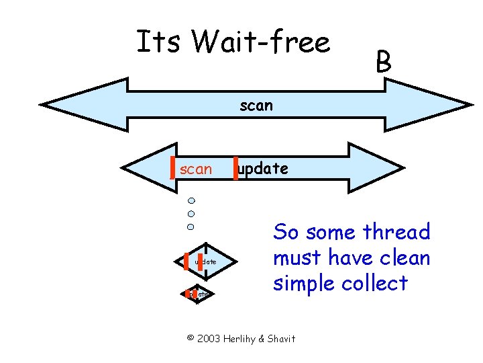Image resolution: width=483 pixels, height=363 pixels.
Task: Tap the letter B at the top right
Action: [x=383, y=63]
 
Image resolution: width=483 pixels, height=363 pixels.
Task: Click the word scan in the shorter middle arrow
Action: [x=196, y=169]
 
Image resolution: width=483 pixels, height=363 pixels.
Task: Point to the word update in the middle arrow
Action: [x=263, y=169]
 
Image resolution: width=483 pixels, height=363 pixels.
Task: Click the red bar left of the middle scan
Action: [x=174, y=168]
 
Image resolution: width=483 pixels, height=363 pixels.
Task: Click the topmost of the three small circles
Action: [x=191, y=200]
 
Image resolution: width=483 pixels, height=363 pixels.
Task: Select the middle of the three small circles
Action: [x=191, y=213]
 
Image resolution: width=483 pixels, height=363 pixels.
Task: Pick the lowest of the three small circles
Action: [x=191, y=225]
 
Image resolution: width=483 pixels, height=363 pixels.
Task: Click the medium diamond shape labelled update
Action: [x=206, y=261]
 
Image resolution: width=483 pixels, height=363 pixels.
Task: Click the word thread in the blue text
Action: [x=396, y=233]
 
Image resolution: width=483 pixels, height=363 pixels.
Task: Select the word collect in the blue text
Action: [x=374, y=283]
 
